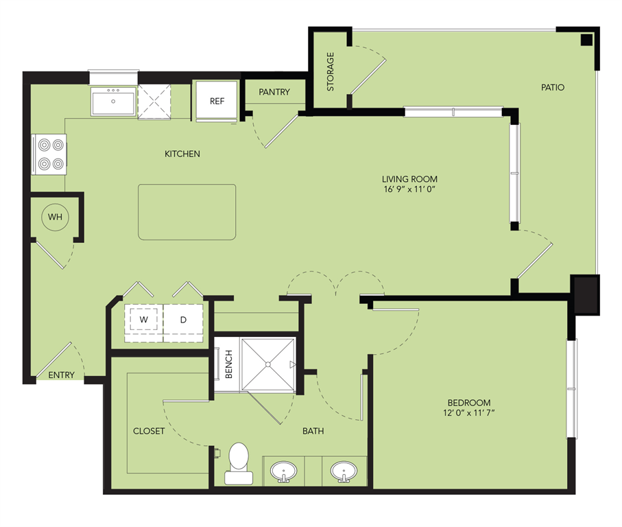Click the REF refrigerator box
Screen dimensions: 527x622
click(x=217, y=101)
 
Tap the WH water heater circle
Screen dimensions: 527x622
click(x=55, y=218)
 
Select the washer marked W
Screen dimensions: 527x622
click(x=144, y=320)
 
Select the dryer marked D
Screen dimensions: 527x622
click(x=184, y=320)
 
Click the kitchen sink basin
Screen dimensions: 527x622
click(x=114, y=104)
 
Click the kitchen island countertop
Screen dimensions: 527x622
click(x=187, y=212)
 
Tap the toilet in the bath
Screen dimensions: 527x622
click(x=238, y=460)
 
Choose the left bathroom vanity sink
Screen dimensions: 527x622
click(x=283, y=471)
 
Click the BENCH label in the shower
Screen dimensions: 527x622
click(x=228, y=364)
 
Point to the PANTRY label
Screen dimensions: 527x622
click(x=274, y=92)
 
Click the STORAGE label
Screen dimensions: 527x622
click(x=331, y=71)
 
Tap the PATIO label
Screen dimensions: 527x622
click(x=552, y=87)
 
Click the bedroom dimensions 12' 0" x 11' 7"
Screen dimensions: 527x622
click(x=469, y=412)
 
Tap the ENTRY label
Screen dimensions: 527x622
click(x=61, y=375)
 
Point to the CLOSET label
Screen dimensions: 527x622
click(x=149, y=431)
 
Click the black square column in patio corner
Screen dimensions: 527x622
click(x=586, y=39)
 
